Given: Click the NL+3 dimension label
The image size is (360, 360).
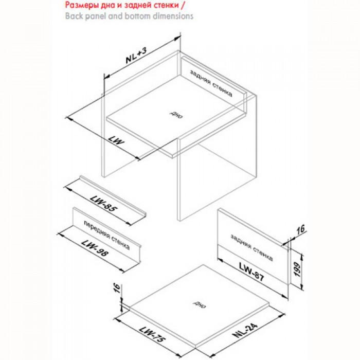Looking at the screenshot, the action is point(136,56).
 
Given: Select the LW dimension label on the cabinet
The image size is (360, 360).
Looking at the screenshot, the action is point(116,140).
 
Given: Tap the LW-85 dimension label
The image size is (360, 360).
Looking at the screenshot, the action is point(104,205).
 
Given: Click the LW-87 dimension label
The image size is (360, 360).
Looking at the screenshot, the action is point(251,272).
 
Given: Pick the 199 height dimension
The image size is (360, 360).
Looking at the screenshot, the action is point(297,269).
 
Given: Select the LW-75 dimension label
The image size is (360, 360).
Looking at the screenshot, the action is point(152,334).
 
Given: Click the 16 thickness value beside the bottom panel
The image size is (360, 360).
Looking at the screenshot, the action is point(117,288).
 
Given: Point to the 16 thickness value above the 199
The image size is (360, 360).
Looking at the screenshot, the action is point(301,229).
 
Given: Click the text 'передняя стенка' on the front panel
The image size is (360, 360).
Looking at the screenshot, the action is point(107,236).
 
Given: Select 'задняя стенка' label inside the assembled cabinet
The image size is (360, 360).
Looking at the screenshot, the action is point(211,83).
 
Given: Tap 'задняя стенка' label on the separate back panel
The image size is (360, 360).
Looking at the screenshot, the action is point(251,247).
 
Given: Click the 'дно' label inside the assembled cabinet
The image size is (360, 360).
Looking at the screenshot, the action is point(176,114).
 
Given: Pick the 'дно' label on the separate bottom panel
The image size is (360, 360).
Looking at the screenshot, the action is point(200,304).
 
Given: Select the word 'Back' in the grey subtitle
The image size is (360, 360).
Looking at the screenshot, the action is point(74,16).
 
